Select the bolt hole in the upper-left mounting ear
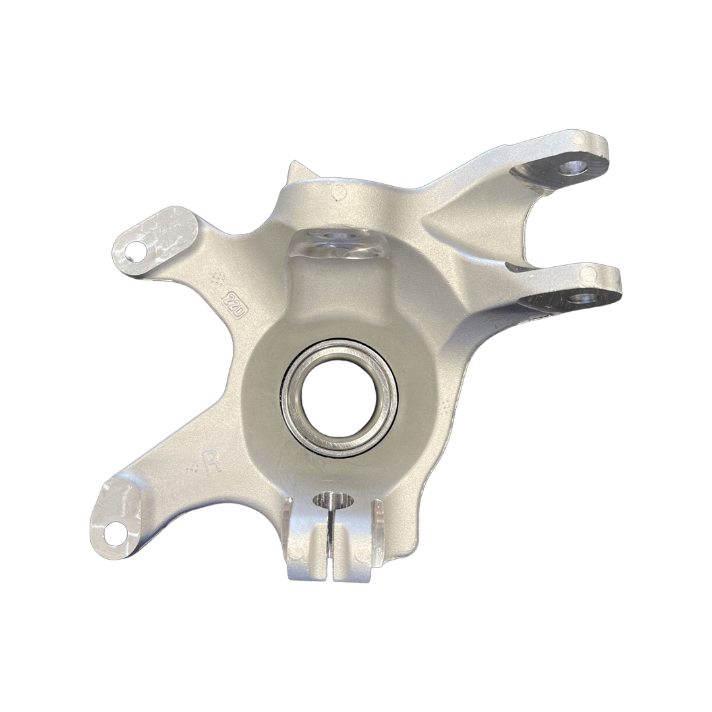[x=134, y=251]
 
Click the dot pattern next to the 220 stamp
[x=218, y=278]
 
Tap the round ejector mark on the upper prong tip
[x=579, y=140]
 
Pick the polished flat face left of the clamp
[x=288, y=521]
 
